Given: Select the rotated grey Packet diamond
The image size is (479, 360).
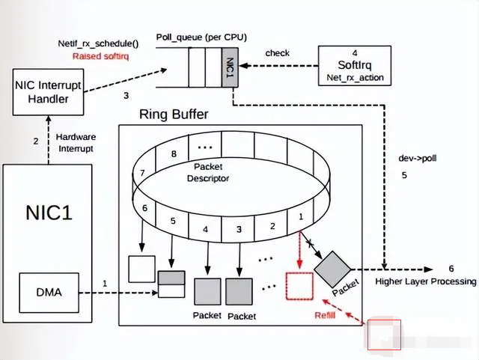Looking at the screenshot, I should pyautogui.click(x=332, y=267).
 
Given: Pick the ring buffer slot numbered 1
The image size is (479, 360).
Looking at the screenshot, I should pyautogui.click(x=301, y=216).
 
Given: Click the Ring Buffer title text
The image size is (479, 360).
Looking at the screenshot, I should pyautogui.click(x=174, y=115).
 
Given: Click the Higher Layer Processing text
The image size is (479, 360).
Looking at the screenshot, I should pyautogui.click(x=426, y=281).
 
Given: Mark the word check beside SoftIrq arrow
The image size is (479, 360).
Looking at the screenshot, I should pyautogui.click(x=277, y=53).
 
